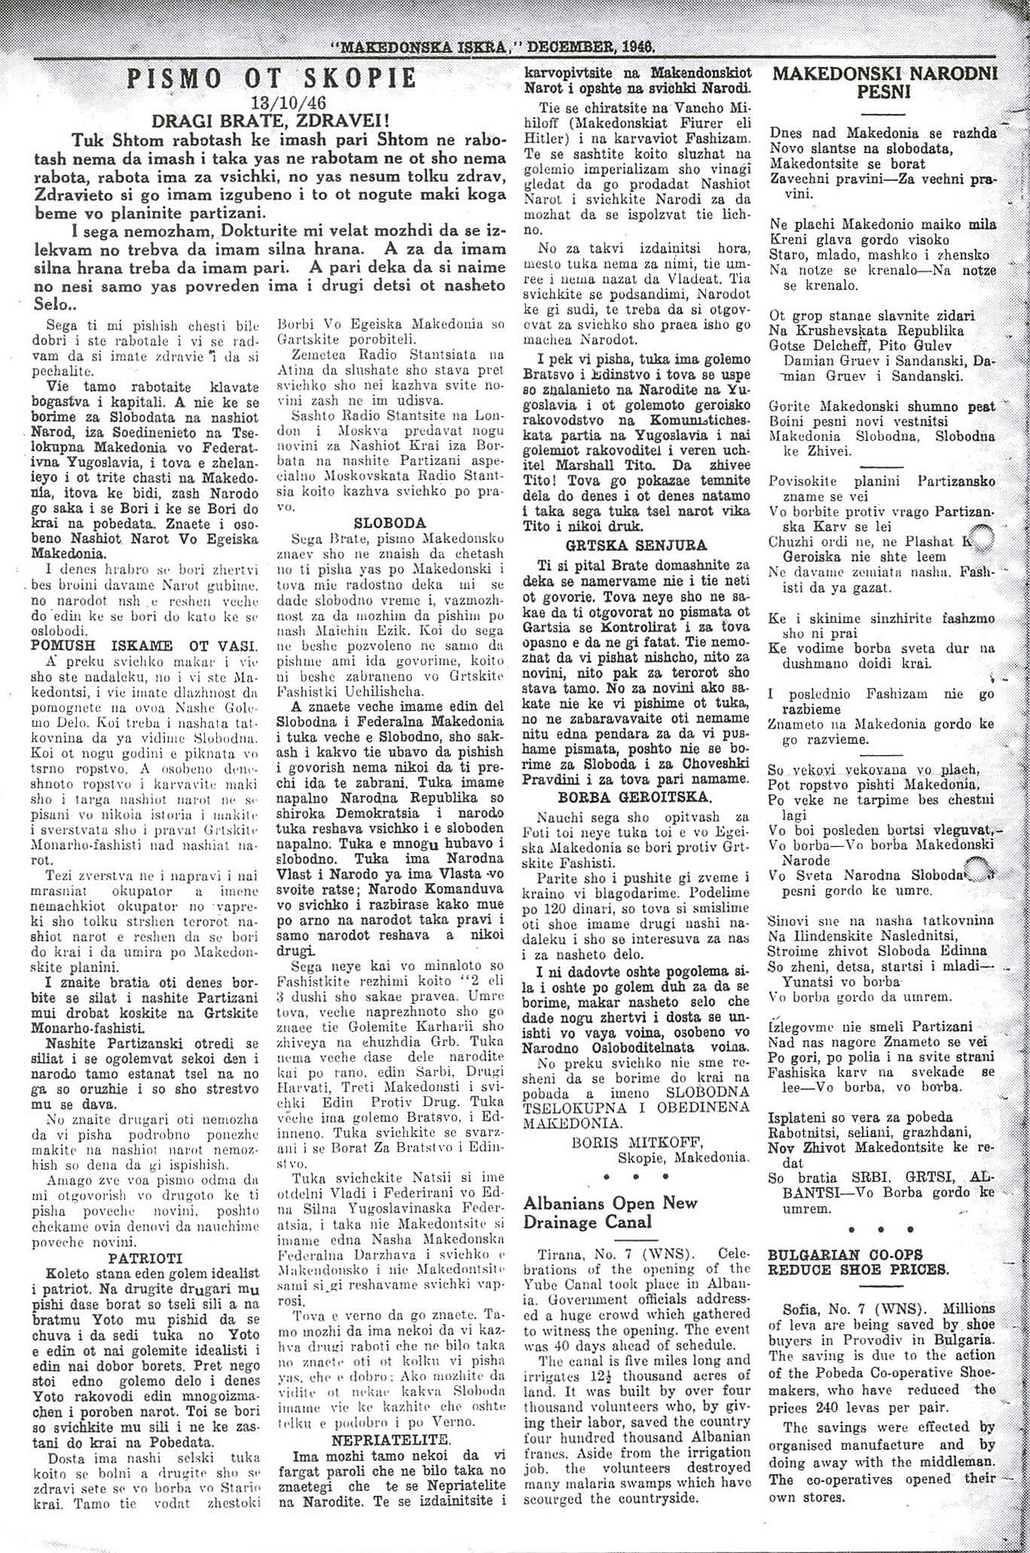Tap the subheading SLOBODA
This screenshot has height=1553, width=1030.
coord(390,522)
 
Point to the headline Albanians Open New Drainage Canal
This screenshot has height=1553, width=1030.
coord(610,1212)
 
